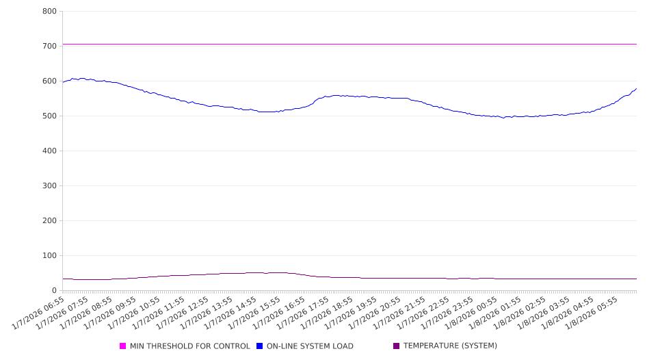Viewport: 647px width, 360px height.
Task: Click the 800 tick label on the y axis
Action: tap(49, 12)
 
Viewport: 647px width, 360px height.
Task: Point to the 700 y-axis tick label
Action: tap(49, 47)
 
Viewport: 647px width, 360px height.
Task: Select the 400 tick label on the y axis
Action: tap(49, 151)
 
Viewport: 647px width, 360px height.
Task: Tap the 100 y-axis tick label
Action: tap(49, 256)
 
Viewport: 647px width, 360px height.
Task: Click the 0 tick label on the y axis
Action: tap(54, 291)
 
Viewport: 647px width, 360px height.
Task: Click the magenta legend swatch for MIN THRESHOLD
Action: tap(123, 346)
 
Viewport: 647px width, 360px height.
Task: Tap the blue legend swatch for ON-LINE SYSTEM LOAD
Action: tap(260, 346)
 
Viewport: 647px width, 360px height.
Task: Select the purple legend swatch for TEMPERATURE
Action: tap(397, 346)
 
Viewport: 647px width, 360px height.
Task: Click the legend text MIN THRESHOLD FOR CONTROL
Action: tap(190, 346)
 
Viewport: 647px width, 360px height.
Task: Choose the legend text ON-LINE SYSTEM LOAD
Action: tap(310, 346)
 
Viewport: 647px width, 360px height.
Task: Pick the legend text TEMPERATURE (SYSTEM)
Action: tap(450, 346)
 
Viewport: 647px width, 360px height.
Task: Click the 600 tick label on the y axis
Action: tap(49, 81)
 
